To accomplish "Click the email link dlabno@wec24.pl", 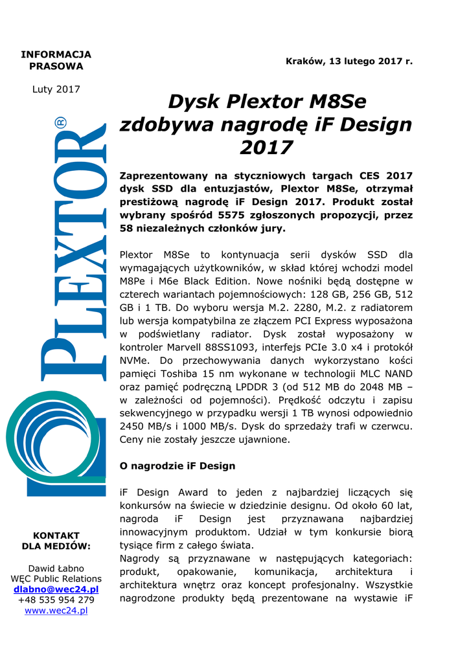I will (x=56, y=589).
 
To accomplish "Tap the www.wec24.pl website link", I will (x=56, y=611).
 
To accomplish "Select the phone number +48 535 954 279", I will (x=56, y=600).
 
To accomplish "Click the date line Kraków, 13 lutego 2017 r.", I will (x=349, y=61).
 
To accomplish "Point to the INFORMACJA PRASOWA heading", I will (x=56, y=60).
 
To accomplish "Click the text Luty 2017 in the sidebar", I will (x=56, y=89).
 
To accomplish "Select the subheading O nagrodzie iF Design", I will (x=177, y=466).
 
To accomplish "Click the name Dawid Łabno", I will (x=56, y=568).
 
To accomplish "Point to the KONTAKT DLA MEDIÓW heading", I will (x=56, y=541).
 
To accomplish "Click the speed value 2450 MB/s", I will (x=144, y=427).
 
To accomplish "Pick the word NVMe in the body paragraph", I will (x=135, y=361).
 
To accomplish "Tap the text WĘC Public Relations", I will (x=56, y=579).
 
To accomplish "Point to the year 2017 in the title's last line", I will (x=266, y=148).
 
